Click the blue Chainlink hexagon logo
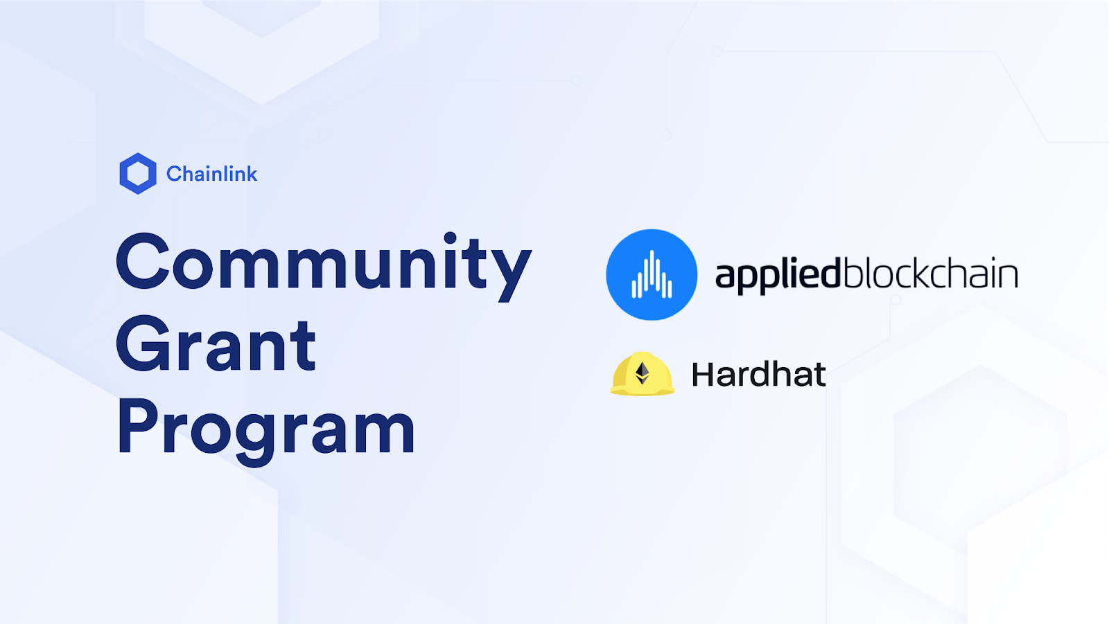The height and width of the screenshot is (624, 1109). (x=138, y=173)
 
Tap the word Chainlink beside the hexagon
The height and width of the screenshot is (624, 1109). (x=211, y=174)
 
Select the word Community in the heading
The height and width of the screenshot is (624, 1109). (x=324, y=267)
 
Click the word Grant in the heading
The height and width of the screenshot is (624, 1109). (x=216, y=344)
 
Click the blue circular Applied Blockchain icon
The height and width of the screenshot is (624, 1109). (x=652, y=275)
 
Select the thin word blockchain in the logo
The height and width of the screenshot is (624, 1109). (x=929, y=272)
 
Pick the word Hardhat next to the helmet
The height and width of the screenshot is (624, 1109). (x=758, y=374)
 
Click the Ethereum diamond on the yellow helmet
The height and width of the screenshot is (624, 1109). (x=642, y=373)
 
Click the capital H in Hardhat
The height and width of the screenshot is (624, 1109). (x=704, y=374)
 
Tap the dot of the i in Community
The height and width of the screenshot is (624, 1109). (x=450, y=238)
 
